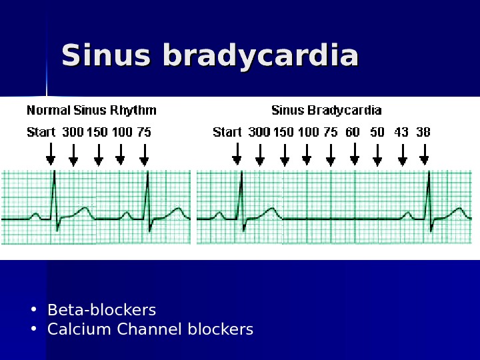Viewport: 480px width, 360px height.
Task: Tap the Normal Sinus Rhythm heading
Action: point(92,110)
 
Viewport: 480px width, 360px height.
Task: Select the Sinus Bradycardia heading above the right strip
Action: point(326,110)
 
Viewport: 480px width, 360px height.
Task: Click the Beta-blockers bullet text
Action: point(102,310)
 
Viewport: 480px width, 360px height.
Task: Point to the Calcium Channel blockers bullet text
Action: point(151,329)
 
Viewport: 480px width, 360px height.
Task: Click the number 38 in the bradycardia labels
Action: point(423,132)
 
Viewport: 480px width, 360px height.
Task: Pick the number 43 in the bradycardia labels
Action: point(401,132)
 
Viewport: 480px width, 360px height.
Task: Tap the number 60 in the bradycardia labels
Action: point(353,132)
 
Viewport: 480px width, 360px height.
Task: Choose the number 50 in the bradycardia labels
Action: point(377,132)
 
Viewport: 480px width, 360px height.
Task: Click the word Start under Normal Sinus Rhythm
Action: point(41,132)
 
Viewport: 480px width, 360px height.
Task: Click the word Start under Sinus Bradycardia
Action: point(227,132)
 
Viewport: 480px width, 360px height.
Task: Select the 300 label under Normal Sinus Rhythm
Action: point(73,132)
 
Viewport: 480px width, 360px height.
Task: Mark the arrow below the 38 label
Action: point(424,155)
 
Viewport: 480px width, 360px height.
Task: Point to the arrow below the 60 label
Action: point(354,155)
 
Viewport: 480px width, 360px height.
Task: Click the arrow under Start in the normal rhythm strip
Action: point(50,155)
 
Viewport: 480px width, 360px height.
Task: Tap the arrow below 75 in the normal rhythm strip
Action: point(144,155)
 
